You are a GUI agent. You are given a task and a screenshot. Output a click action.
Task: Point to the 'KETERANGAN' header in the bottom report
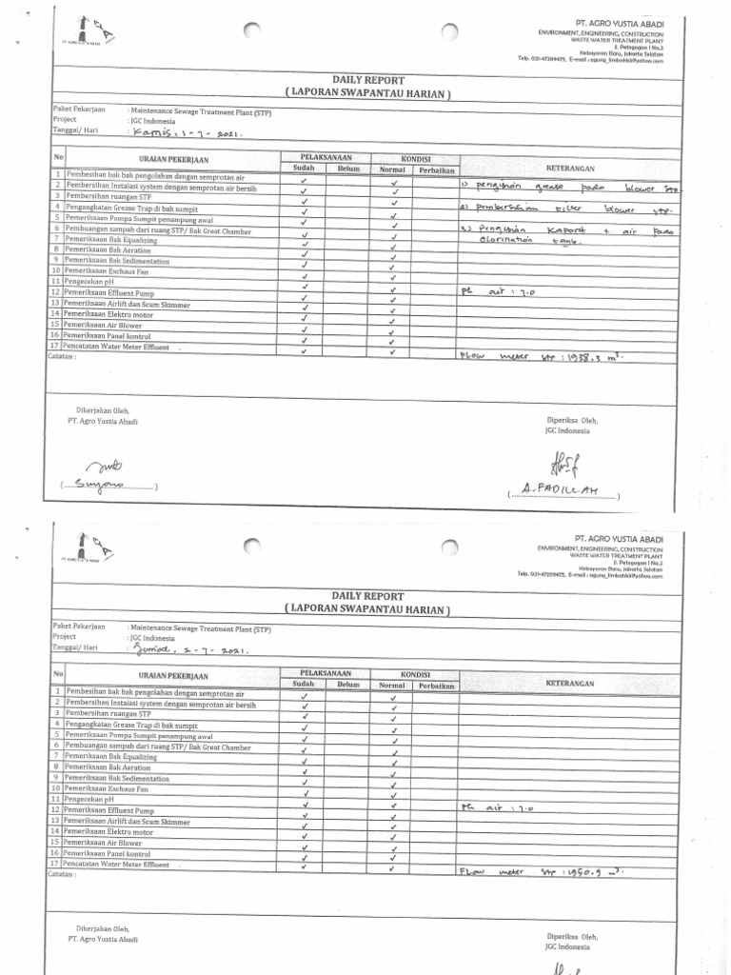(570, 684)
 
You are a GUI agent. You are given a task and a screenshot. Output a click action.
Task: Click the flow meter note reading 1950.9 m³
(543, 871)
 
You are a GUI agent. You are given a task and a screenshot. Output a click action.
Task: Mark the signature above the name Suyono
(105, 467)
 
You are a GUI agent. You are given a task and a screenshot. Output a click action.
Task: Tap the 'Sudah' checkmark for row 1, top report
(304, 178)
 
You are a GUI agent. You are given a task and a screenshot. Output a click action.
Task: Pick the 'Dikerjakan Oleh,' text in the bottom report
(102, 928)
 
